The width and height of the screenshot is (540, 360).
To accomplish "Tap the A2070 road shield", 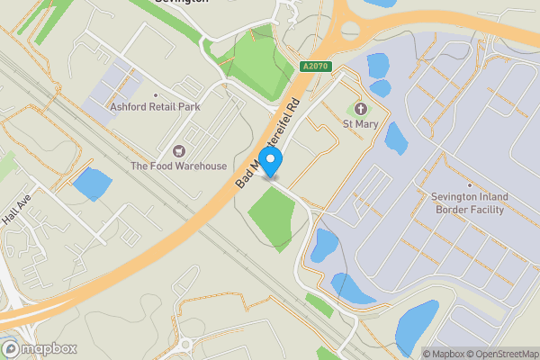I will (x=314, y=67).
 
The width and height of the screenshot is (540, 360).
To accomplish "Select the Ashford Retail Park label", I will (x=156, y=106).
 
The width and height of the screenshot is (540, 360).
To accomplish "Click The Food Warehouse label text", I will (x=178, y=166).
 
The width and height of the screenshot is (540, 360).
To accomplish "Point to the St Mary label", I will (x=362, y=122).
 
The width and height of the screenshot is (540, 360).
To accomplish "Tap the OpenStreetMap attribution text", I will (x=499, y=354).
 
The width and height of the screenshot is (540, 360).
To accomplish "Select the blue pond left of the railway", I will (x=91, y=184).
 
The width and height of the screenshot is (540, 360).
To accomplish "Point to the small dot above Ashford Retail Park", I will (x=156, y=94).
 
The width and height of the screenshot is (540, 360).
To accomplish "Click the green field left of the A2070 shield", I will (x=252, y=56).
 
